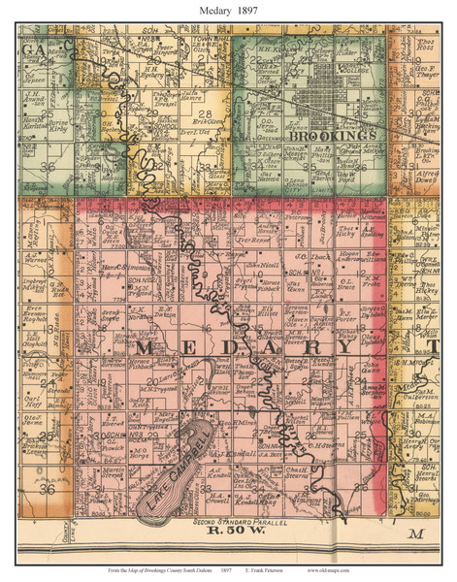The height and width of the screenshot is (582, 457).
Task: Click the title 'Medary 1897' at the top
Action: click(228, 11)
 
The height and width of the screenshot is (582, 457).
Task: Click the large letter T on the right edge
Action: click(436, 346)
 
